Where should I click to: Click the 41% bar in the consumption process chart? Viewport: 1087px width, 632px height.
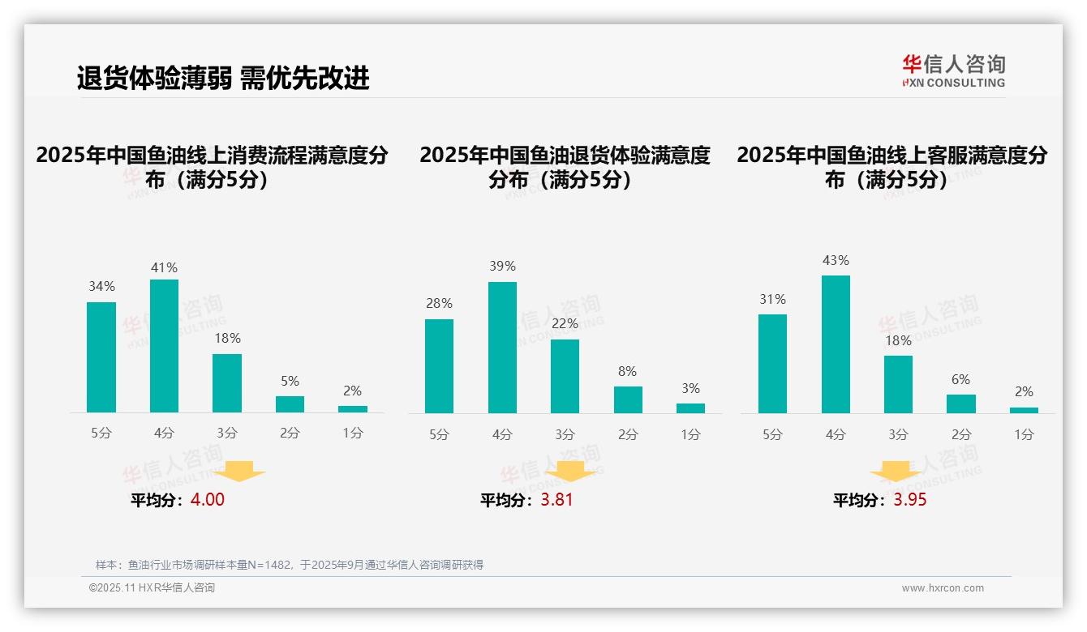tap(164, 346)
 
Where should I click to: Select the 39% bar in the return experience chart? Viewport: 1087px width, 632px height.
tap(502, 348)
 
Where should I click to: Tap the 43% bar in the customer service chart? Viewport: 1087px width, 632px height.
tap(836, 344)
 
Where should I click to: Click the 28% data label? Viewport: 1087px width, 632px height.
tap(439, 304)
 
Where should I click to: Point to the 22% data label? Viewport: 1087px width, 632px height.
tap(565, 324)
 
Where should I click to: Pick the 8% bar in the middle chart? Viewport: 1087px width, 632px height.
tap(628, 399)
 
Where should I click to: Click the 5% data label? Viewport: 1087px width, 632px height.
tap(290, 381)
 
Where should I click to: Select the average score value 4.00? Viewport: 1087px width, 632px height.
tap(207, 500)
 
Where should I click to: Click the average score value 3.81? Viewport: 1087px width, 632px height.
tap(556, 500)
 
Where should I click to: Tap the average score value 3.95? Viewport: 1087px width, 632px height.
tap(909, 500)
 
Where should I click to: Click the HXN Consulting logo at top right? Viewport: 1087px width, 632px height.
tap(953, 71)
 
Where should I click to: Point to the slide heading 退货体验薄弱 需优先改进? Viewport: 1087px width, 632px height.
tap(223, 78)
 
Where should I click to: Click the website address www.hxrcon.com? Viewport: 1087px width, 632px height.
tap(942, 588)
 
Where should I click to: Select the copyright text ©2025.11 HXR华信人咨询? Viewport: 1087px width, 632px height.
tap(152, 588)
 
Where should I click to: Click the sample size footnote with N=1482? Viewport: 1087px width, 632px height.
tap(289, 565)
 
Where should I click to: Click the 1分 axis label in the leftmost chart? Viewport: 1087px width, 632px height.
tap(353, 433)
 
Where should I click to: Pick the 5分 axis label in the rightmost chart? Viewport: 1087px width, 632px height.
tap(772, 435)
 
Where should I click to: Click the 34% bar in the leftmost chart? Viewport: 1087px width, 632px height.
tap(101, 357)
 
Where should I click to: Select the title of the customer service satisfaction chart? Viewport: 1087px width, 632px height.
tap(892, 167)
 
